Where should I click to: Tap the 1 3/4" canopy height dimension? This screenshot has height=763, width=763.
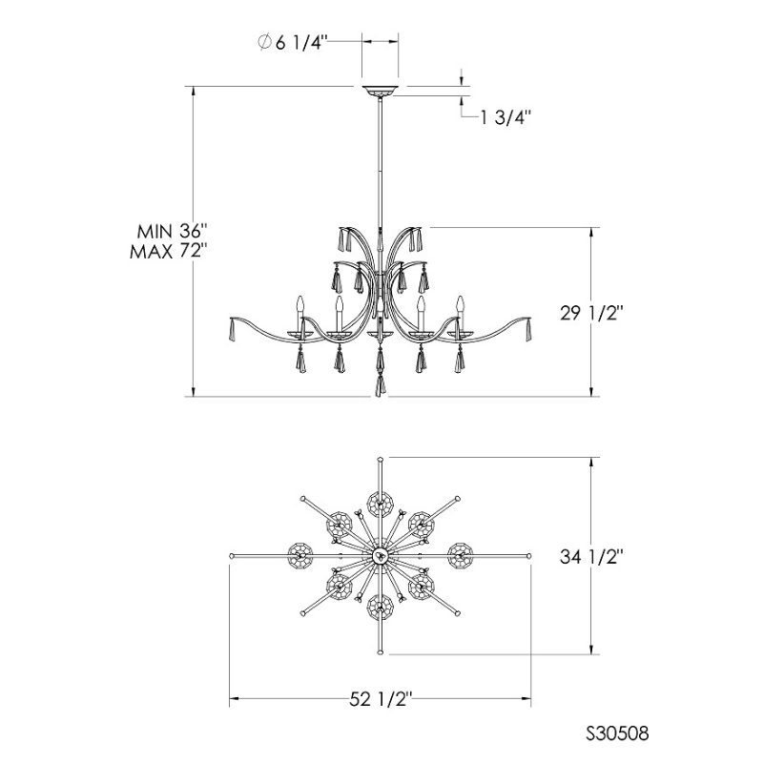[x=505, y=117]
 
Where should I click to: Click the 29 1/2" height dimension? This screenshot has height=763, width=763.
[x=591, y=314]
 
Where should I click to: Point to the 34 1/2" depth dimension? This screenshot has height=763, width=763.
[x=591, y=556]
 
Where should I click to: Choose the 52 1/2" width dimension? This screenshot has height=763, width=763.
[x=381, y=700]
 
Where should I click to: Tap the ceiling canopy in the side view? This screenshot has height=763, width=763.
[x=380, y=91]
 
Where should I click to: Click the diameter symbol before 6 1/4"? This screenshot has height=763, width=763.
[x=264, y=42]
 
